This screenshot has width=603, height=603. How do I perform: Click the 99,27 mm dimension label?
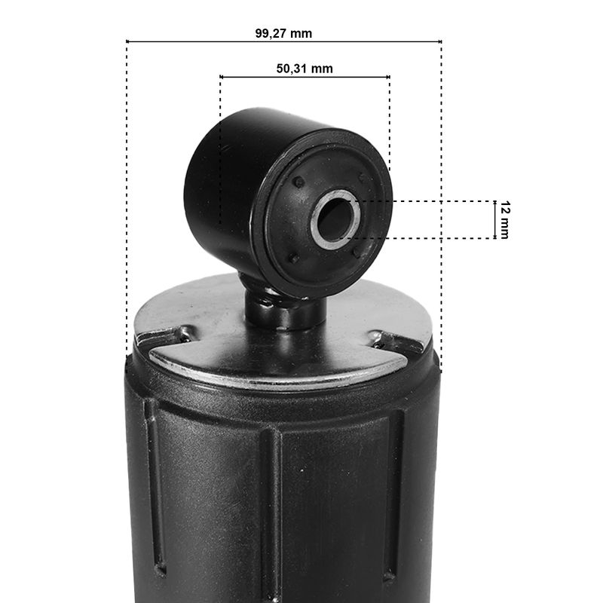click(x=283, y=33)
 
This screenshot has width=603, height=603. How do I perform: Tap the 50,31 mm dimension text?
click(x=305, y=69)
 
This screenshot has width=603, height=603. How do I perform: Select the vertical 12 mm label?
click(x=505, y=219)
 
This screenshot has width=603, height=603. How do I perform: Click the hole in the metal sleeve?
click(x=334, y=219)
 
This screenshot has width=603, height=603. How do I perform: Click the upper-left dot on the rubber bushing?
click(x=298, y=182)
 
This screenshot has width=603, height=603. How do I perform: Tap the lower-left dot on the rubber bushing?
click(x=294, y=258)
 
